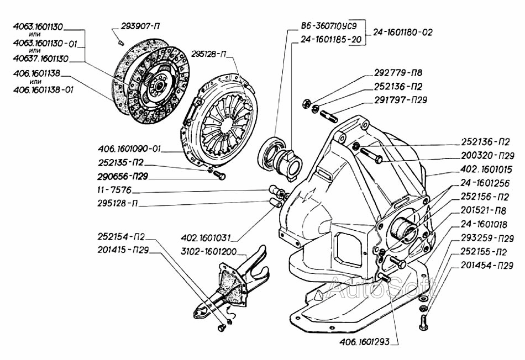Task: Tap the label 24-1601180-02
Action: [x=403, y=32]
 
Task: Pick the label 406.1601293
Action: [x=362, y=341]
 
